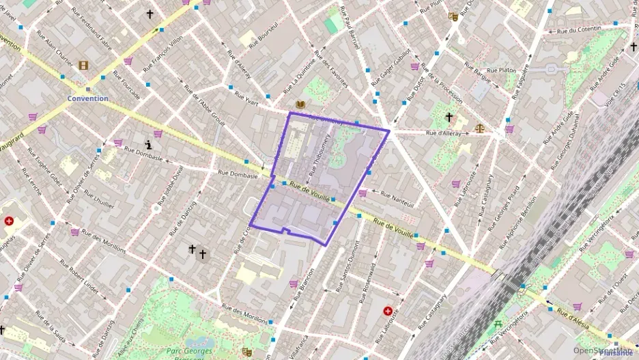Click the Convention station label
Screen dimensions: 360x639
point(87,98)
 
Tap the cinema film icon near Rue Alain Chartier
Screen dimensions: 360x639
point(83,65)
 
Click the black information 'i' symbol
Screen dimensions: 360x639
point(150,145)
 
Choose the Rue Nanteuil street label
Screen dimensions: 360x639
point(397,194)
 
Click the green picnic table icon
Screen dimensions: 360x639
point(498,324)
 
